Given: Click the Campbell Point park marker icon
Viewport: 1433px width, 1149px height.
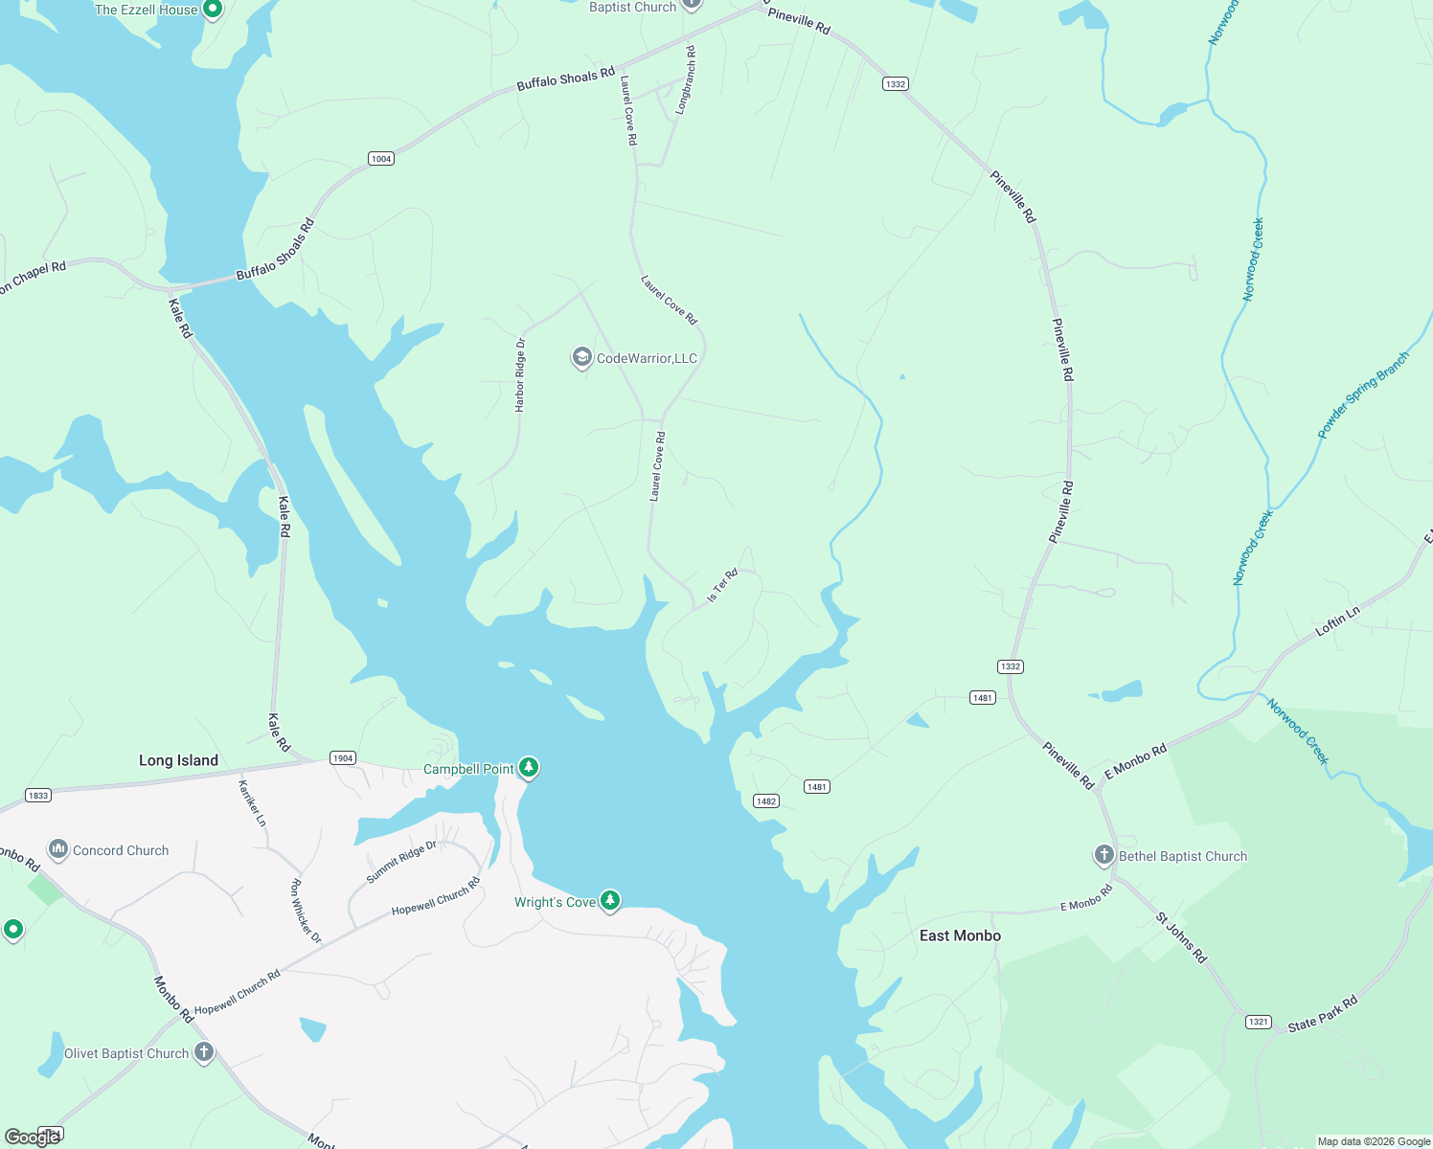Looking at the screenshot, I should click(528, 768).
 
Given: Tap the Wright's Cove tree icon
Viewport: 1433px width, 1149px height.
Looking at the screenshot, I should click(610, 901).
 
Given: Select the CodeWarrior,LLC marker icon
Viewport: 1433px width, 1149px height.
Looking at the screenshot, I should click(581, 358).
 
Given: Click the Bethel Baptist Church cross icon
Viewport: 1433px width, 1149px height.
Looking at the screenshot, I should click(1104, 855).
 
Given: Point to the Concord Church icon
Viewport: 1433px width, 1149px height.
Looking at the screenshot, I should click(58, 849).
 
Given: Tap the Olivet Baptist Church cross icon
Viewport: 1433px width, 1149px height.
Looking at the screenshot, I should click(203, 1053).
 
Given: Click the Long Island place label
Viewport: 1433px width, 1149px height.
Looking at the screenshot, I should click(178, 760).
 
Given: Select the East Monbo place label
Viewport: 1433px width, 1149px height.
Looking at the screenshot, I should click(960, 935).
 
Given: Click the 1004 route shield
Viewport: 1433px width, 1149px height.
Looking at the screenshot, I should click(381, 158).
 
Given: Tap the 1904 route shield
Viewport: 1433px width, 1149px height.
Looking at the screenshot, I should click(343, 757).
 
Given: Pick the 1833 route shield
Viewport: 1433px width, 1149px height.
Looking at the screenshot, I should click(37, 795).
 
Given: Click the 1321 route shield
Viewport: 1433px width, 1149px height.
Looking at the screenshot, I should click(1259, 1022).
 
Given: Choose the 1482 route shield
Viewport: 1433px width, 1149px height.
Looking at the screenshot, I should click(765, 801).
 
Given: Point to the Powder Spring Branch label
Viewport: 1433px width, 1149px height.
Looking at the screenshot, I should click(1363, 394).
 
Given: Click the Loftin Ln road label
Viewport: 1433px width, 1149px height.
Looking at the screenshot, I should click(1337, 621).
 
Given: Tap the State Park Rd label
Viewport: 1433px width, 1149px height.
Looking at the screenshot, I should click(1323, 1014).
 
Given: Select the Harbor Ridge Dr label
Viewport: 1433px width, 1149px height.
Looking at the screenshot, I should click(520, 374).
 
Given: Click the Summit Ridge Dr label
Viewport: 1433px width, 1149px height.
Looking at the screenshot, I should click(401, 862).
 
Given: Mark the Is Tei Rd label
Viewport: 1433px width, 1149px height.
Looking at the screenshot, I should click(722, 586).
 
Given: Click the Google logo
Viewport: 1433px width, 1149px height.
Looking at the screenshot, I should click(33, 1137).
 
